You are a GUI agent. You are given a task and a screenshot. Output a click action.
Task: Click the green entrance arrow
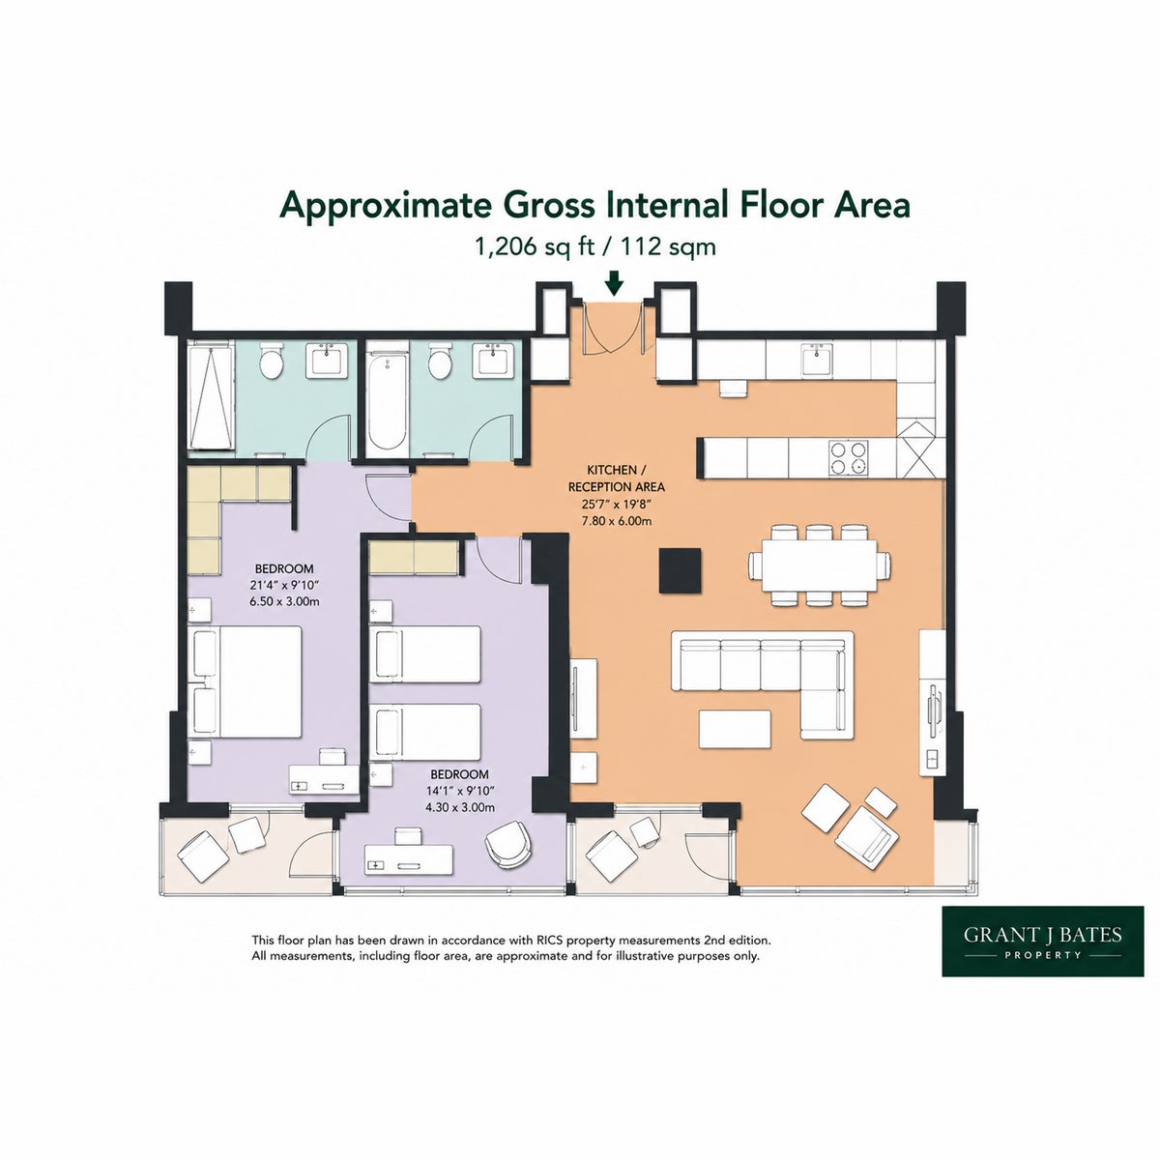tap(614, 283)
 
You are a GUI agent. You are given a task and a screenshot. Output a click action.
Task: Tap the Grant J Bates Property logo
tap(1043, 941)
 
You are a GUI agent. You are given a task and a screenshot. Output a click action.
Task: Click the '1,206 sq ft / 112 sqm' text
tap(595, 246)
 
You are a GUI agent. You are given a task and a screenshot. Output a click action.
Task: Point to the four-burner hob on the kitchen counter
tap(849, 458)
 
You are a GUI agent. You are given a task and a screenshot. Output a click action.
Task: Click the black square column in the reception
tap(681, 570)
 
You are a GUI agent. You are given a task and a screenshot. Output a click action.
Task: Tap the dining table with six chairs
tap(820, 565)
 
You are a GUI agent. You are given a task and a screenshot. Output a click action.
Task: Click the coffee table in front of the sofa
tap(735, 729)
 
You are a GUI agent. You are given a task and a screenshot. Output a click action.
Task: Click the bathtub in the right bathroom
tap(387, 396)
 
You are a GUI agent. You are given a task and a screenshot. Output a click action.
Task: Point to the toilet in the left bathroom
tap(271, 360)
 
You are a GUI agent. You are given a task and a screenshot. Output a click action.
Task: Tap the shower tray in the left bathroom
tap(211, 396)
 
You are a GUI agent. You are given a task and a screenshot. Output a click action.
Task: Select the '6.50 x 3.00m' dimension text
tap(285, 600)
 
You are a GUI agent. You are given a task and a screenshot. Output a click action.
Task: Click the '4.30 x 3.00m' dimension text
tap(460, 807)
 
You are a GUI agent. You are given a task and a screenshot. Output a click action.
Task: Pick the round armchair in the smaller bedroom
tap(508, 842)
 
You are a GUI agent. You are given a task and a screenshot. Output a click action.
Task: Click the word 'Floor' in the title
tap(781, 205)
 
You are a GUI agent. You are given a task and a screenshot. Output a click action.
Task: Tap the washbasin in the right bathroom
tap(494, 361)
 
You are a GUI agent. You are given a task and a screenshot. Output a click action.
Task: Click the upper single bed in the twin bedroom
tap(425, 653)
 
